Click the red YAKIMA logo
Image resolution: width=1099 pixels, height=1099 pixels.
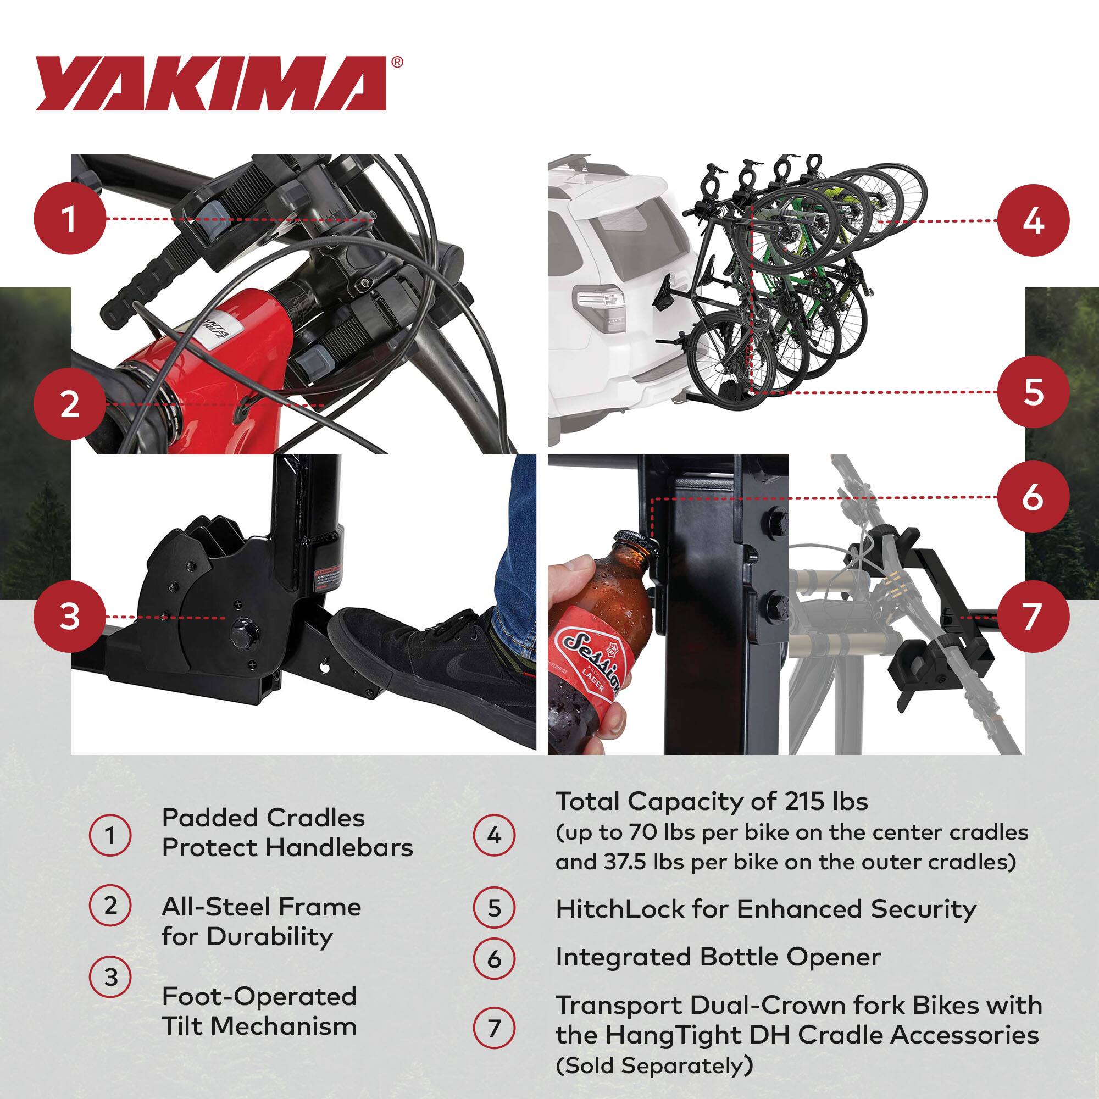(x=210, y=84)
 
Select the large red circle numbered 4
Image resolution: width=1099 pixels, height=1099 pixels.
(x=1033, y=221)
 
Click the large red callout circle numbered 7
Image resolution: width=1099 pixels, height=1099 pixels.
(x=1033, y=617)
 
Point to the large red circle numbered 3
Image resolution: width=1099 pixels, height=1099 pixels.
(x=69, y=617)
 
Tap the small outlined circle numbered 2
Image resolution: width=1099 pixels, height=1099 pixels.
(x=110, y=905)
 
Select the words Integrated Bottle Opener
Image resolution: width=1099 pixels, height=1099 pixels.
(x=718, y=957)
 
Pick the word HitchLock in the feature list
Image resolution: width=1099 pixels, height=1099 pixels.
(x=619, y=909)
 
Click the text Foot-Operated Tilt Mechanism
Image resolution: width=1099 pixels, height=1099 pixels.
(x=259, y=1012)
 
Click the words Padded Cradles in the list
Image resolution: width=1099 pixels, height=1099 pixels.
(x=263, y=818)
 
